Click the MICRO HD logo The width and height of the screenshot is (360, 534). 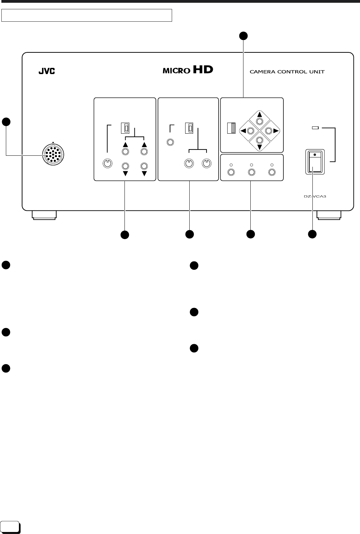click(188, 71)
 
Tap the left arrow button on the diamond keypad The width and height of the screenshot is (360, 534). click(250, 131)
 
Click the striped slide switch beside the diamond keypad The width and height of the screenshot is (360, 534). click(231, 128)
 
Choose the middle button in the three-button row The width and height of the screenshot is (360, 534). click(252, 172)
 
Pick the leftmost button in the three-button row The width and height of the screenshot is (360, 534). click(232, 172)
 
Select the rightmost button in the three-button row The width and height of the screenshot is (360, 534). click(272, 172)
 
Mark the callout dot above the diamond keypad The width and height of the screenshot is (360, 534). click(244, 35)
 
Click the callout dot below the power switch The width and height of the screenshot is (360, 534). click(312, 235)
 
